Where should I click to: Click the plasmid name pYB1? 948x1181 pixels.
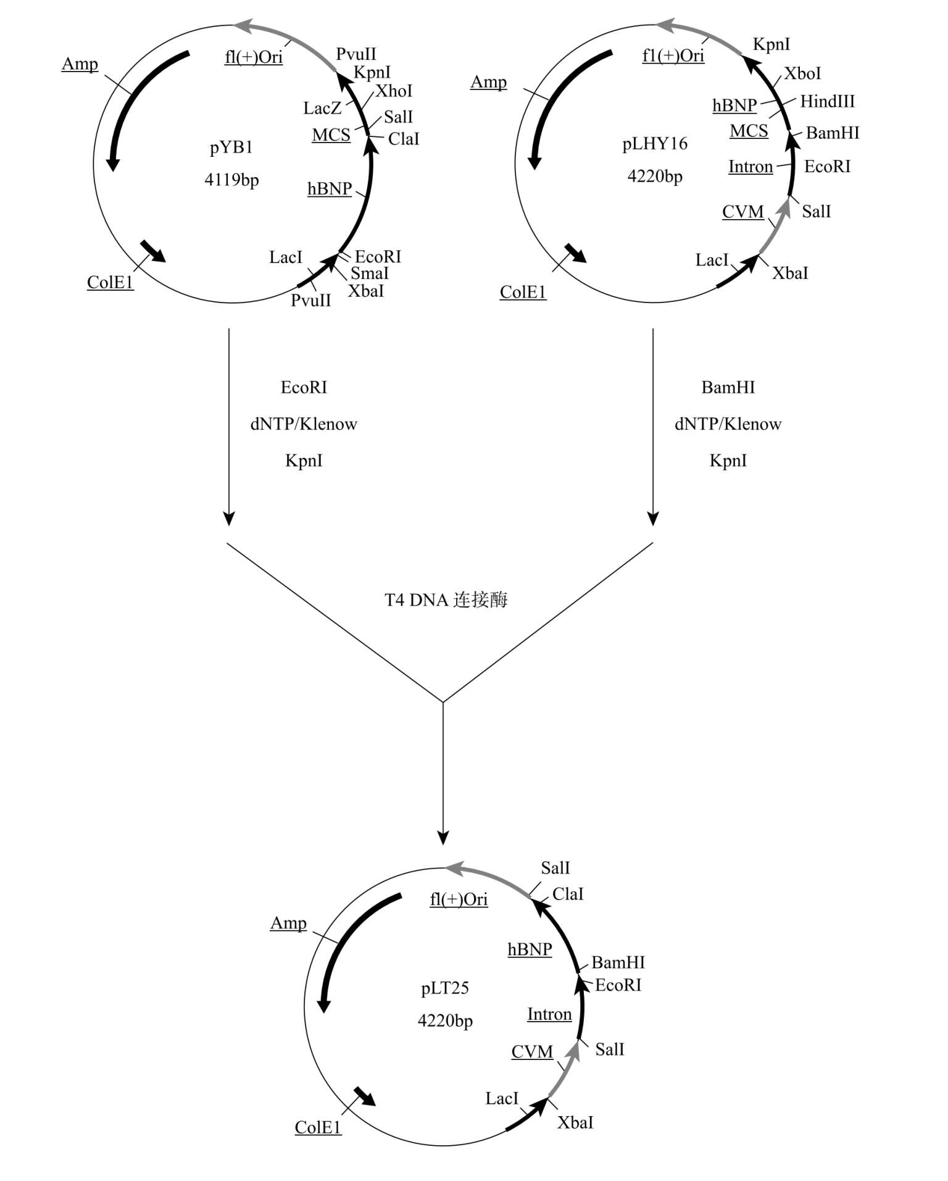pyautogui.click(x=231, y=148)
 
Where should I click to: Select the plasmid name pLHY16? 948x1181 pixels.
pyautogui.click(x=655, y=144)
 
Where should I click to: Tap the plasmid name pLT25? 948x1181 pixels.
pyautogui.click(x=445, y=988)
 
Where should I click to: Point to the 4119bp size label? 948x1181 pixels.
pyautogui.click(x=231, y=180)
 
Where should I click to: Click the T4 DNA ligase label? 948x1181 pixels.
pyautogui.click(x=446, y=599)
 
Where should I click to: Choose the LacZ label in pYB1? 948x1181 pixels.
pyautogui.click(x=322, y=109)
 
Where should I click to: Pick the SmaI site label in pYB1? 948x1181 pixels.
pyautogui.click(x=370, y=273)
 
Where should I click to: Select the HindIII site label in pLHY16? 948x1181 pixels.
pyautogui.click(x=828, y=101)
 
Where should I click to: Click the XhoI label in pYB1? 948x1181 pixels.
pyautogui.click(x=394, y=91)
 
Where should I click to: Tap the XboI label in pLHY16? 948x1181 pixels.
pyautogui.click(x=802, y=73)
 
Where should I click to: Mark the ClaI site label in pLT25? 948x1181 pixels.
pyautogui.click(x=568, y=894)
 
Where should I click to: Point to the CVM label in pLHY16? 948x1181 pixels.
pyautogui.click(x=743, y=212)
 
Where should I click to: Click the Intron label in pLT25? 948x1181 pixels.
pyautogui.click(x=549, y=1014)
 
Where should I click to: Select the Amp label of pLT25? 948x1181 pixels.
pyautogui.click(x=288, y=924)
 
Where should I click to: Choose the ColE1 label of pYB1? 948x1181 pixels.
pyautogui.click(x=110, y=282)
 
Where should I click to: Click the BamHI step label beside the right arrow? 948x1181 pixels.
pyautogui.click(x=728, y=387)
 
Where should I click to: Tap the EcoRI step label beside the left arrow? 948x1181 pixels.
pyautogui.click(x=304, y=387)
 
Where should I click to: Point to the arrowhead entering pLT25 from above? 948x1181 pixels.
pyautogui.click(x=443, y=838)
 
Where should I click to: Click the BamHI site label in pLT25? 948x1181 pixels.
pyautogui.click(x=618, y=962)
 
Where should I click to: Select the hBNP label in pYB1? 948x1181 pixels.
pyautogui.click(x=330, y=189)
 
